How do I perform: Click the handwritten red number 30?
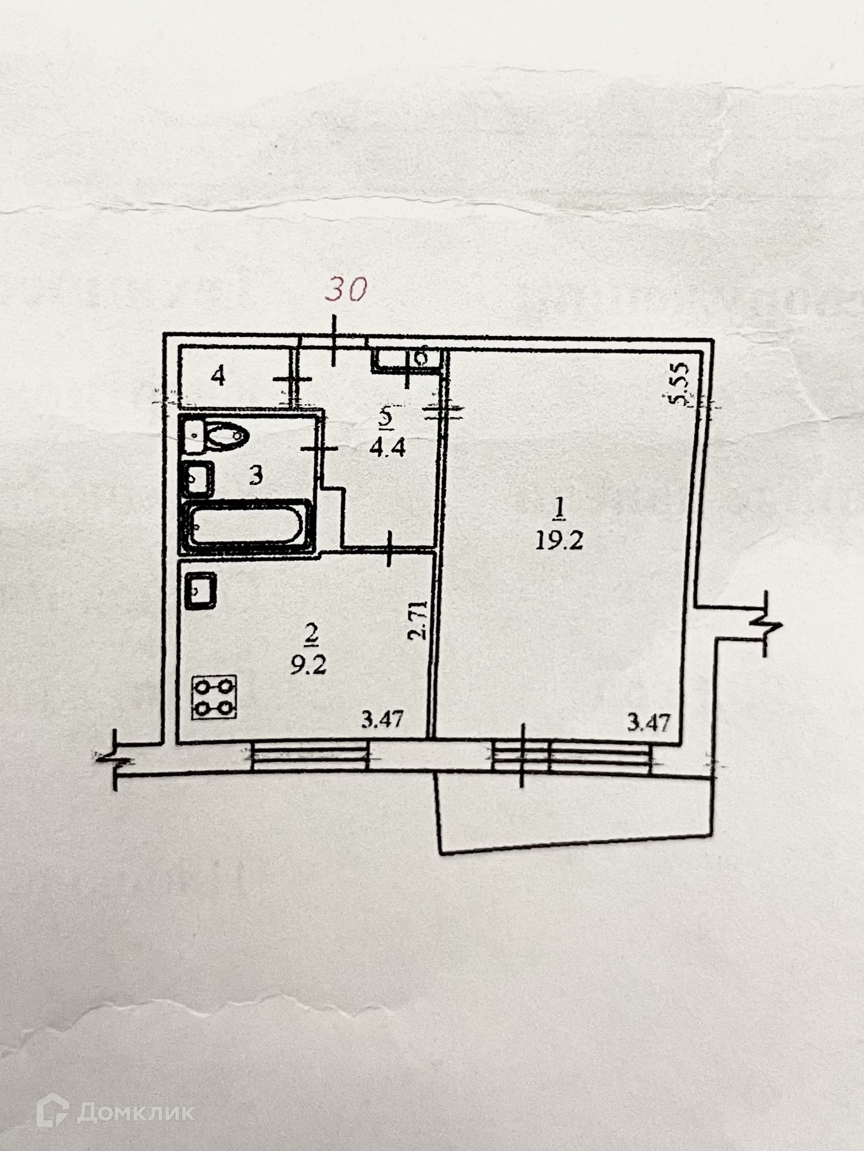tap(347, 289)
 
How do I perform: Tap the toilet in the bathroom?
tap(224, 436)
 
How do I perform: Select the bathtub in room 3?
tap(247, 525)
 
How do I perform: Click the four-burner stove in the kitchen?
tap(214, 697)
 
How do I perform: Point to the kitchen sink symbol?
tap(201, 590)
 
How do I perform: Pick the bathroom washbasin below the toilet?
tap(198, 480)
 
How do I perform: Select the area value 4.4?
tap(387, 448)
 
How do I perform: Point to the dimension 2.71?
tap(417, 620)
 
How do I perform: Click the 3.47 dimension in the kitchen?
tap(382, 719)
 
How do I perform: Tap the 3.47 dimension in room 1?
tap(649, 721)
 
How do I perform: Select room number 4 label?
tap(218, 375)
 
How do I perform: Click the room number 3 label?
tap(255, 475)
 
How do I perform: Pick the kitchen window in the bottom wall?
tap(310, 756)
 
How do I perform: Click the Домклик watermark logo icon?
tap(53, 1110)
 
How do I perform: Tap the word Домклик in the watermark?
tap(136, 1112)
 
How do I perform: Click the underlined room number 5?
tap(386, 417)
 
